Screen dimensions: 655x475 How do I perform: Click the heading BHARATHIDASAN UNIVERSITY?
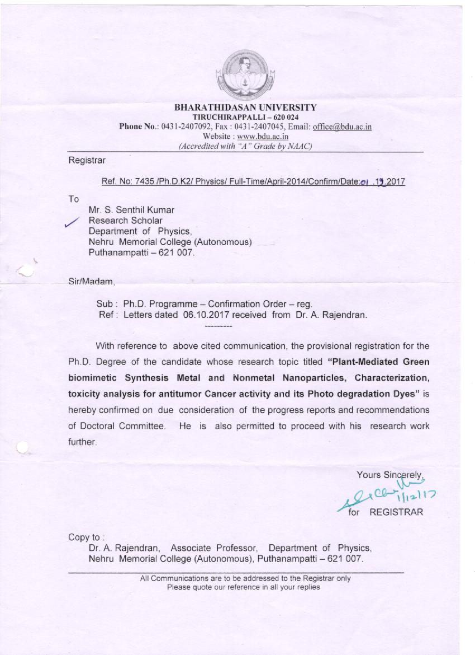coord(245,107)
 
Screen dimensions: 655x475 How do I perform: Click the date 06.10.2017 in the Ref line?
coord(203,315)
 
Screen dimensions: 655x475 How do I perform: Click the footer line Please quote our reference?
coord(244,587)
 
